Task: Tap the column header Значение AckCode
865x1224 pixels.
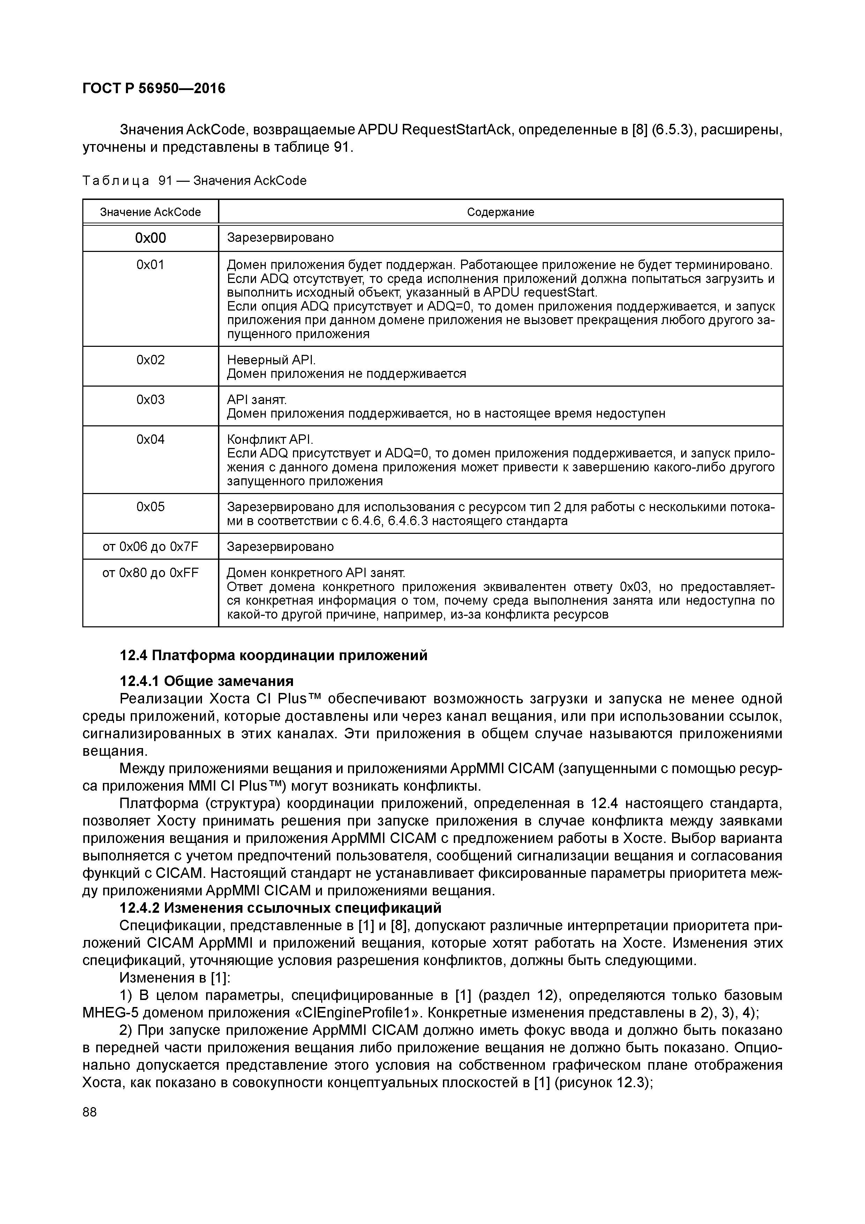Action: (x=150, y=212)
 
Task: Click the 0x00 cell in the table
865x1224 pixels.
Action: (x=150, y=238)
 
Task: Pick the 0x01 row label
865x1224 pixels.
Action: (x=150, y=265)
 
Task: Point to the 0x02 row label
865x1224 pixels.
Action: (x=150, y=360)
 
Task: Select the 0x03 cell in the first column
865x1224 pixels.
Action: (x=150, y=400)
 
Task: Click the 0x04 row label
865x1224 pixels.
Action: (x=150, y=439)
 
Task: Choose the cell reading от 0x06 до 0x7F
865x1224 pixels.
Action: (x=150, y=546)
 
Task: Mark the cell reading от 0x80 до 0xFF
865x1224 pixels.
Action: (x=150, y=573)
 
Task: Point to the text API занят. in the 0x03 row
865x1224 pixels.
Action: (x=257, y=400)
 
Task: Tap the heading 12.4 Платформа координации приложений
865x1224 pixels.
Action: (x=273, y=655)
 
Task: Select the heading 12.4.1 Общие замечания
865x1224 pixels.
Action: (x=207, y=681)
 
